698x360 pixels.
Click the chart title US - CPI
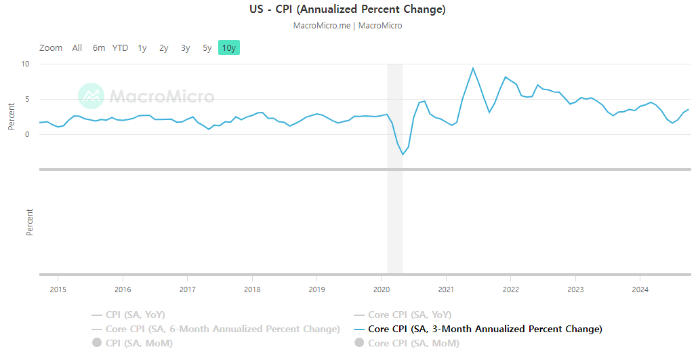tap(348, 9)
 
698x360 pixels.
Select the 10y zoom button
tap(229, 47)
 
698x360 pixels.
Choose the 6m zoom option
tap(99, 47)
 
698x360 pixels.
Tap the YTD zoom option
tap(120, 47)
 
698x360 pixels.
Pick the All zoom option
tap(77, 47)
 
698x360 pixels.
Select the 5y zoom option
tap(207, 47)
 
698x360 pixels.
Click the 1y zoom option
tap(142, 47)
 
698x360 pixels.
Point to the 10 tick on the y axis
tap(25, 64)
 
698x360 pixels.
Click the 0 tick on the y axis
tap(27, 134)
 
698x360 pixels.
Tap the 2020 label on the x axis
tap(381, 289)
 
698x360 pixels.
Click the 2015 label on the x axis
tap(58, 289)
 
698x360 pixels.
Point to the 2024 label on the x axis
tap(640, 289)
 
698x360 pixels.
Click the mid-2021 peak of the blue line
tap(473, 68)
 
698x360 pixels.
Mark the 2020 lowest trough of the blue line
tap(403, 155)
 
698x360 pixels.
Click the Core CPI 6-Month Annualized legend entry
tap(222, 329)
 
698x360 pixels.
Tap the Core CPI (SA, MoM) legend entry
tap(413, 343)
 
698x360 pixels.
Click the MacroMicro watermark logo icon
tap(91, 96)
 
